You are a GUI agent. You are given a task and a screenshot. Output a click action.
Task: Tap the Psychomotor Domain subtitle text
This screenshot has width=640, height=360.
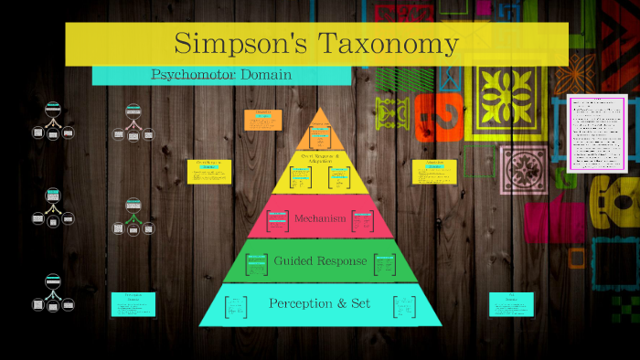point(221,75)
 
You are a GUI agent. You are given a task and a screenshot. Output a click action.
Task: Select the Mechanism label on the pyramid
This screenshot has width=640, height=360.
point(320,218)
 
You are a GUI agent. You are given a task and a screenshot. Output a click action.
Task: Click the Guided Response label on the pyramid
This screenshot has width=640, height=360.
point(320,261)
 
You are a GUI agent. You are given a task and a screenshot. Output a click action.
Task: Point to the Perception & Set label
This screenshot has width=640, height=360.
point(319,302)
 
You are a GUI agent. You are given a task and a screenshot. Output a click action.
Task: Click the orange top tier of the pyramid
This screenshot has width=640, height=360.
point(320,133)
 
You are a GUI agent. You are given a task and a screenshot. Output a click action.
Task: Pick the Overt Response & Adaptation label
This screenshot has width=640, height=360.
point(320,158)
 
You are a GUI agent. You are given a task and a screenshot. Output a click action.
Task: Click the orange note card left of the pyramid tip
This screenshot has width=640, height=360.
point(263,120)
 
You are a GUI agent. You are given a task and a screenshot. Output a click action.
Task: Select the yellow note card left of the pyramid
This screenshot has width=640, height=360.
point(209,171)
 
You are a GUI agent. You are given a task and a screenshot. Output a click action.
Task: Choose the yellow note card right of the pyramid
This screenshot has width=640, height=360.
point(434,171)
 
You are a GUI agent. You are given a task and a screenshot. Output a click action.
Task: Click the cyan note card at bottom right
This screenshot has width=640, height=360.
point(511,304)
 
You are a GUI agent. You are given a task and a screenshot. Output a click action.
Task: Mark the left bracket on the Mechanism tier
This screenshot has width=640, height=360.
point(272,219)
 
